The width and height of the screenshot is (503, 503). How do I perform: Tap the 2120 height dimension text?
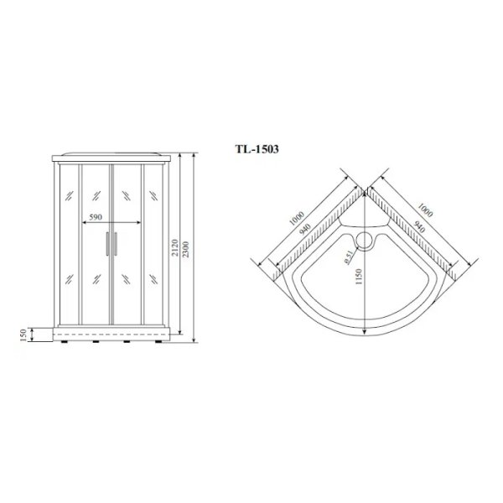pos(184,250)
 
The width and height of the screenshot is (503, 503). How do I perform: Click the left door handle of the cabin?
pos(106,243)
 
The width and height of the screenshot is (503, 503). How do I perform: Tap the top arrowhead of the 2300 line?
pos(194,155)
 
